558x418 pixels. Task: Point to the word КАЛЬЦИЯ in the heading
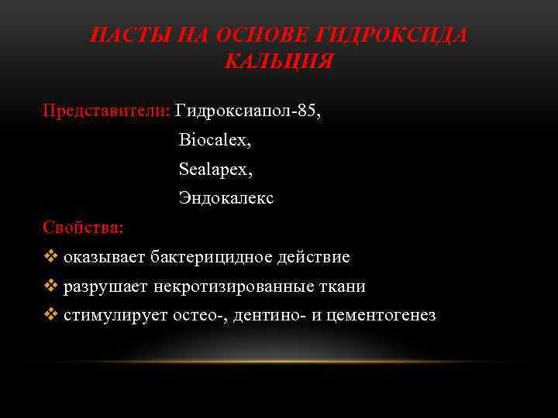(279, 61)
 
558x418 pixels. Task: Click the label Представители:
(106, 110)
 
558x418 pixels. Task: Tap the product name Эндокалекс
(226, 198)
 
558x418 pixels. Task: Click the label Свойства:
(82, 228)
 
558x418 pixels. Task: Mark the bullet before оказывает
(51, 257)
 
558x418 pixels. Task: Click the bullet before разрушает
(51, 286)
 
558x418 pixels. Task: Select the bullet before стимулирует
(51, 315)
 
